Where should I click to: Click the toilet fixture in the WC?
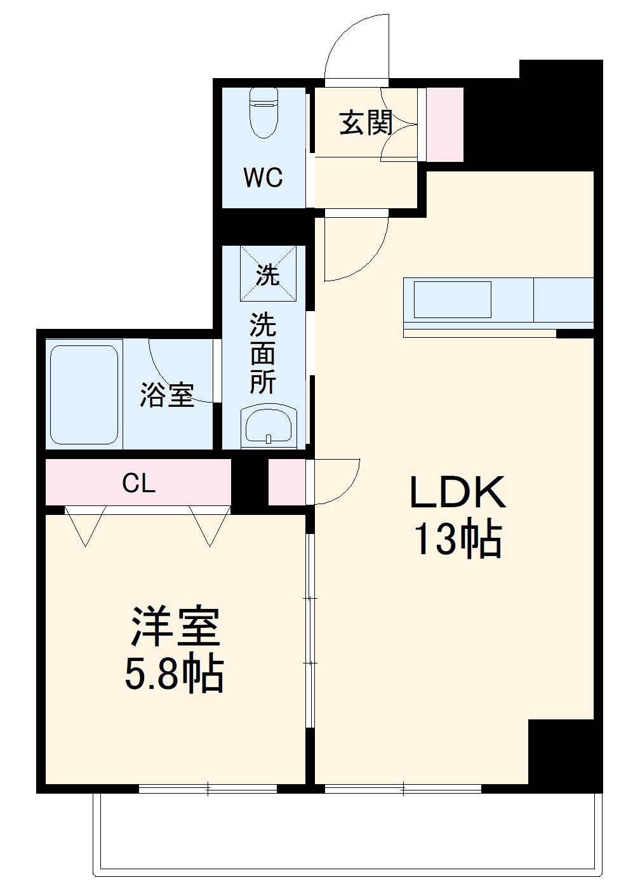coord(263,112)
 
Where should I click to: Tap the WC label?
coord(263,178)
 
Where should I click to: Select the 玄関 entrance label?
coord(366,123)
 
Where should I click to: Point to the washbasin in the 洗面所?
coord(268,426)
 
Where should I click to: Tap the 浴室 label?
coord(166,395)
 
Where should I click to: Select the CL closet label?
coord(138,484)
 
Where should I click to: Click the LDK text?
coord(457,492)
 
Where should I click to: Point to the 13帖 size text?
coord(457,540)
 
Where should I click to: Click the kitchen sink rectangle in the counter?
coord(452,300)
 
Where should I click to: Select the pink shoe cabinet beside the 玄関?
coord(444,124)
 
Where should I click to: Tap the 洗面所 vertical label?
coord(262,354)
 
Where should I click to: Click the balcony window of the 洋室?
coord(208,789)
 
